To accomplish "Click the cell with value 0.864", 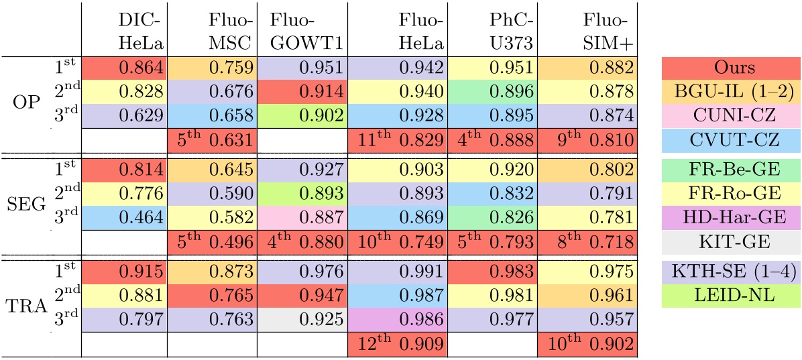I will (124, 68).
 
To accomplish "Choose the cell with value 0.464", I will (124, 217).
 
